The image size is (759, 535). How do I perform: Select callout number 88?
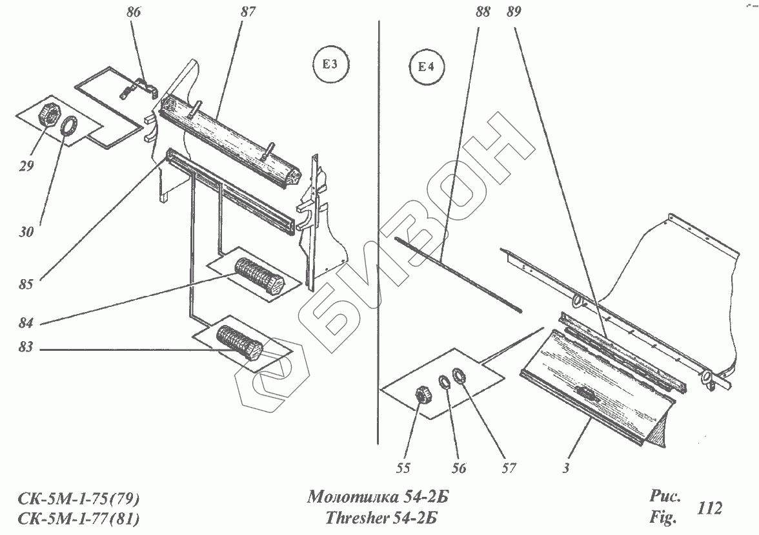(x=483, y=12)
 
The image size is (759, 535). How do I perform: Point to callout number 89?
(x=514, y=12)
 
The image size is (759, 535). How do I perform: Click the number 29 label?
(x=26, y=167)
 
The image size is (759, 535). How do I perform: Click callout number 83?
(x=27, y=350)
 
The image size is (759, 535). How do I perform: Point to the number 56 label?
(x=458, y=468)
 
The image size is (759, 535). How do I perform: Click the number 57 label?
(x=509, y=468)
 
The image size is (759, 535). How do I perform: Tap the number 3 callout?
(x=565, y=468)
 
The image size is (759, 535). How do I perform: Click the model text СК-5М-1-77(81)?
(x=79, y=518)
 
